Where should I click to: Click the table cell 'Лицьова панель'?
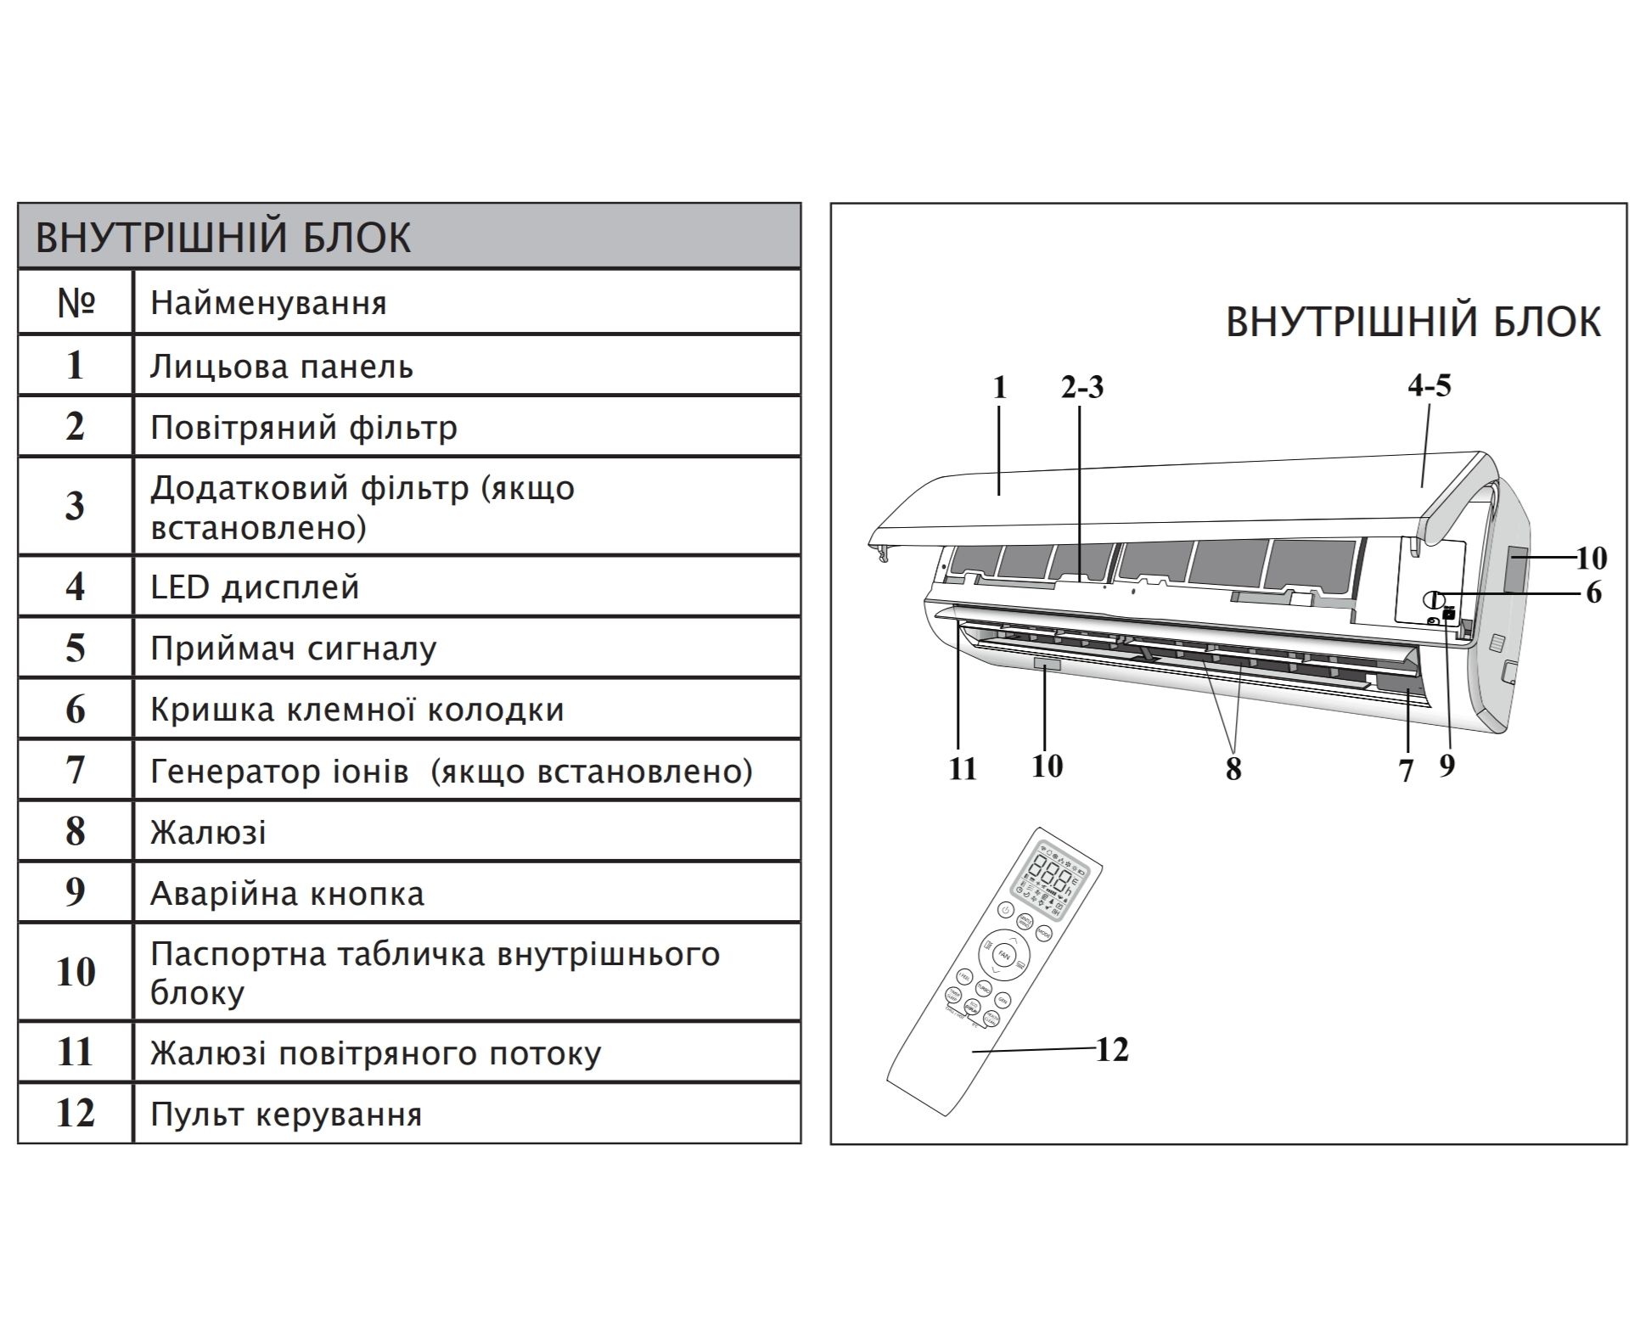[282, 367]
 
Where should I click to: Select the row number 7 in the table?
[76, 771]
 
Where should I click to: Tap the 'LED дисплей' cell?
[255, 587]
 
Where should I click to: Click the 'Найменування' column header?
[268, 303]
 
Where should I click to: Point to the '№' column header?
[76, 303]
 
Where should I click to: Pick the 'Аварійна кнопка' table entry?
[287, 894]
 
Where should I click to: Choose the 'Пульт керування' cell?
[286, 1114]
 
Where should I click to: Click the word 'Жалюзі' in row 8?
[208, 832]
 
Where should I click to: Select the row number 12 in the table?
[76, 1114]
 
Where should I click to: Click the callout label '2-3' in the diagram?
[1082, 387]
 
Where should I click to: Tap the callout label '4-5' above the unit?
[1429, 385]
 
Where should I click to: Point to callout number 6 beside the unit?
[1593, 592]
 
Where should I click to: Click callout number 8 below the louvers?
[1233, 769]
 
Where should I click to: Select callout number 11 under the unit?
[962, 769]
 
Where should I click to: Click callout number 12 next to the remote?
[1112, 1050]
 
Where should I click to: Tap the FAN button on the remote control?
[1004, 955]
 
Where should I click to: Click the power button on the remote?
[1005, 910]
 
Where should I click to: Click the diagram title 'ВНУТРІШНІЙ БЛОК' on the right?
[1413, 323]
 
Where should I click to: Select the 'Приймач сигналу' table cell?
[293, 649]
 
